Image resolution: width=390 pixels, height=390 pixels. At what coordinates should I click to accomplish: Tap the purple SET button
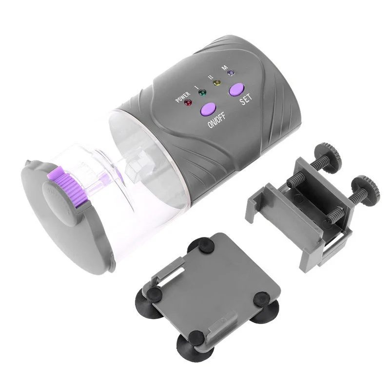(x=236, y=89)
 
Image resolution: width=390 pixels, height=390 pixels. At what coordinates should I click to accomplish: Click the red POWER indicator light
(x=188, y=102)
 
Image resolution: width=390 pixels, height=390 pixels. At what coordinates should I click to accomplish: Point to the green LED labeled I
(x=202, y=93)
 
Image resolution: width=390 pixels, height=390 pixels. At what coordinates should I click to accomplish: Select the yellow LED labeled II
(x=216, y=82)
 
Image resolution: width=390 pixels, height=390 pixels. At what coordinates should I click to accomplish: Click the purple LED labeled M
(x=231, y=73)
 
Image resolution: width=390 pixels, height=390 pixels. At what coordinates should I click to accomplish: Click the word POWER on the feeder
(x=183, y=97)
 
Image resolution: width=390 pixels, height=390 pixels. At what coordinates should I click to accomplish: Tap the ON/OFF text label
(x=216, y=120)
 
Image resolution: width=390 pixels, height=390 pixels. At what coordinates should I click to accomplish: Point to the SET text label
(x=246, y=99)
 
